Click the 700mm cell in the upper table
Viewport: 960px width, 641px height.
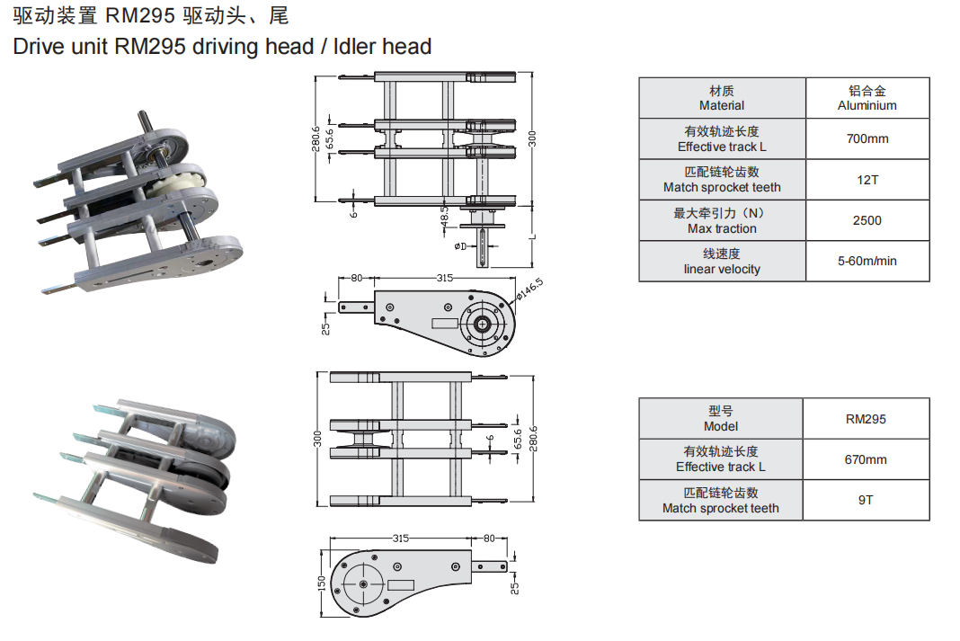(x=867, y=139)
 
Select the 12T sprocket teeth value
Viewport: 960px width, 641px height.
(x=867, y=180)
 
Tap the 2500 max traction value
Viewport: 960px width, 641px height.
(x=867, y=220)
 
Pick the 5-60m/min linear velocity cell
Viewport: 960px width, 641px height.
(x=867, y=262)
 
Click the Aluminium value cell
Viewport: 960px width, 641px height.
(x=867, y=98)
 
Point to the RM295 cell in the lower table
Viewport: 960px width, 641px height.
(x=866, y=419)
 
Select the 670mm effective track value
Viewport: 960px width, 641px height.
(x=866, y=459)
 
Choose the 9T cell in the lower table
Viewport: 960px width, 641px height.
(x=866, y=500)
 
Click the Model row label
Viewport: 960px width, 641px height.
(x=721, y=419)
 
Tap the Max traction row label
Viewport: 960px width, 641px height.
(x=722, y=220)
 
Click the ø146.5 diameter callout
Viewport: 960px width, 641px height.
(x=529, y=289)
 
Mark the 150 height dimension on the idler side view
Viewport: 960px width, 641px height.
(x=321, y=583)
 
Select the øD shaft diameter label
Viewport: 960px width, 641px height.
(x=459, y=245)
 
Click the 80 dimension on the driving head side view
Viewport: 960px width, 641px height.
(x=356, y=279)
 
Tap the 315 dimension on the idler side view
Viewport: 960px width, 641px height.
(x=400, y=539)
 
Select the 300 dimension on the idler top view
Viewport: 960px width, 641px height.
(x=317, y=439)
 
